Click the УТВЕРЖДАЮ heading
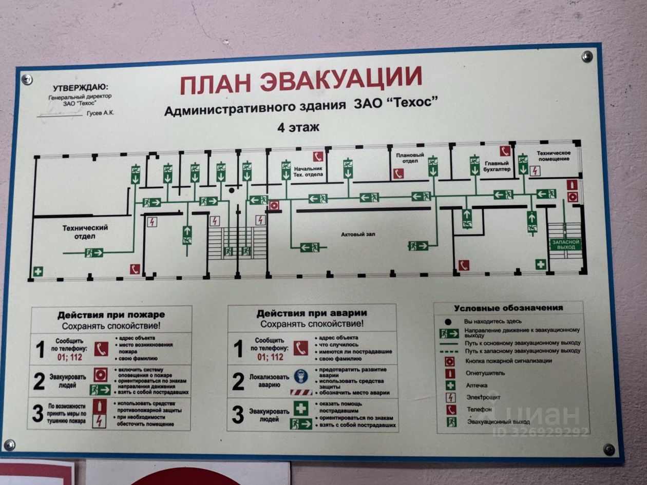(x=81, y=88)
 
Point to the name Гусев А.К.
(x=101, y=113)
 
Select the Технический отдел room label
(x=85, y=231)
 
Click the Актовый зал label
(x=358, y=235)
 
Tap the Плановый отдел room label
(x=410, y=158)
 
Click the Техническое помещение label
(x=554, y=156)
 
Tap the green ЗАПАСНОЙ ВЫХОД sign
(x=565, y=244)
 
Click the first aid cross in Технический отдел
(x=38, y=271)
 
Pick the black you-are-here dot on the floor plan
(x=232, y=190)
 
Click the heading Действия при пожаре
(x=111, y=314)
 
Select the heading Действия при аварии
(x=312, y=313)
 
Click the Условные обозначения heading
(x=508, y=308)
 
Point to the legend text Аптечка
(x=477, y=385)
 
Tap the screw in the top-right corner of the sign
(x=587, y=56)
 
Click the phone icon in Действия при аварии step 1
(x=301, y=348)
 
